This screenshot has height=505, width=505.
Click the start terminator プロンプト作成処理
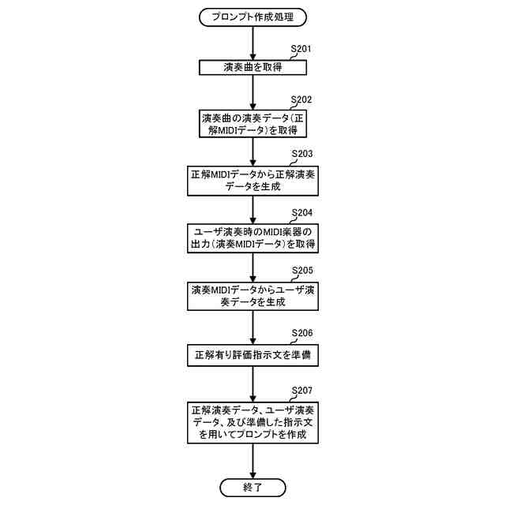[252, 16]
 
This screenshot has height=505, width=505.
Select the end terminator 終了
[252, 487]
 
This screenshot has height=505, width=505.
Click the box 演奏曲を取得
[252, 69]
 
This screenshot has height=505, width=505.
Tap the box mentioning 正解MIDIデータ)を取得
[252, 122]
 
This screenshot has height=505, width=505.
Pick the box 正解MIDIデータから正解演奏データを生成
[252, 181]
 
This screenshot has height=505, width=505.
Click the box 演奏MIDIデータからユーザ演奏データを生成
[252, 297]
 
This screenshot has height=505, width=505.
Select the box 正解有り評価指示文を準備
[252, 355]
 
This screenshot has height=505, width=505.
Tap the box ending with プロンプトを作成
[252, 422]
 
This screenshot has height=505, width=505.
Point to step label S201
[301, 49]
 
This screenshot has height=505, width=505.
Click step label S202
[301, 100]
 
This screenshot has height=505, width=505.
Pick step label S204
[301, 213]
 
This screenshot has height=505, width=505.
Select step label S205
[301, 271]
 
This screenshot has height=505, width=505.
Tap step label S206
[301, 333]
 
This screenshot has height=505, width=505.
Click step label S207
[301, 391]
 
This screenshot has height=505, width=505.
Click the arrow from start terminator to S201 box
[252, 42]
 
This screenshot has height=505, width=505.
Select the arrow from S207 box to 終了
[252, 460]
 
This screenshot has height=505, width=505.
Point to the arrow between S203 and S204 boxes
[252, 210]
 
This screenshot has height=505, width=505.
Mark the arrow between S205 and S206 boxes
[252, 327]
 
